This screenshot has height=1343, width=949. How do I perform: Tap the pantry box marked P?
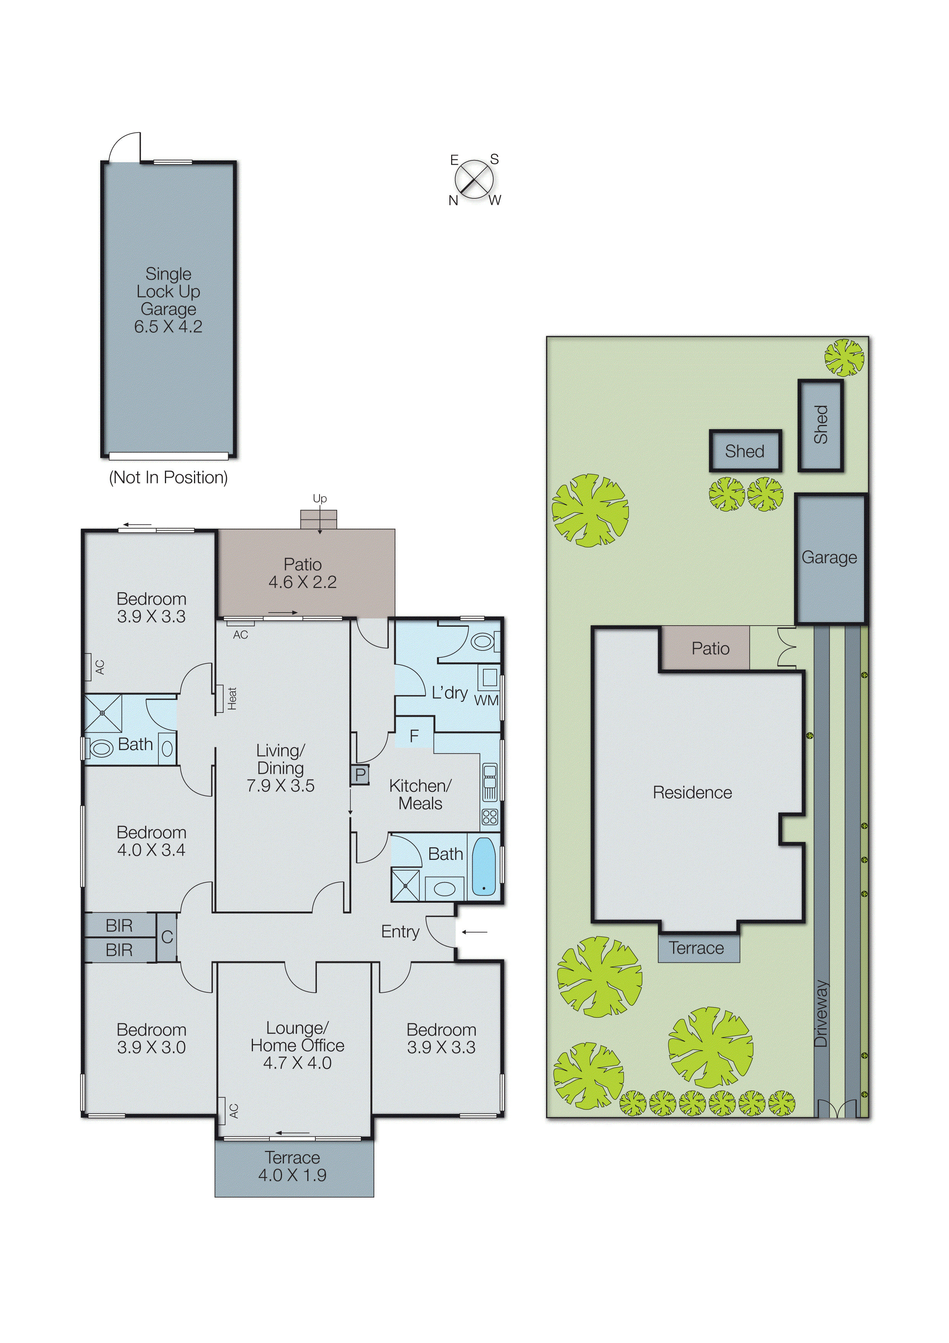click(360, 774)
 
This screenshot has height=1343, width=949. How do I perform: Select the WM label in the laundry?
click(486, 700)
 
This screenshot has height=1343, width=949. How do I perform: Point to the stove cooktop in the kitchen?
click(489, 817)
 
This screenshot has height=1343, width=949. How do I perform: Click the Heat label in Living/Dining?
click(232, 698)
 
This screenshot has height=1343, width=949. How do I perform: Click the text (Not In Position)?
click(168, 477)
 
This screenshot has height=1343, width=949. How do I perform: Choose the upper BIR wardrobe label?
click(119, 925)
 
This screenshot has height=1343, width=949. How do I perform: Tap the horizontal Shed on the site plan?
click(745, 451)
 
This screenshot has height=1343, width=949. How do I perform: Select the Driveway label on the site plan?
click(822, 1014)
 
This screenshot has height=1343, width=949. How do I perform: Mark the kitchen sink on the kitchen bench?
click(489, 781)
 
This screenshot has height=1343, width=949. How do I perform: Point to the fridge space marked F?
click(414, 736)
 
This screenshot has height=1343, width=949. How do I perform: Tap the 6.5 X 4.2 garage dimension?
click(168, 327)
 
